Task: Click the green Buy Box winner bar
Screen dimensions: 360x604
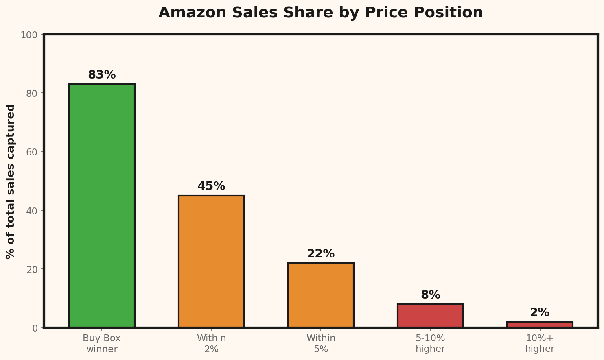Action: pyautogui.click(x=102, y=205)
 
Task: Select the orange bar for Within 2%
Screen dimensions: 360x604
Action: pyautogui.click(x=211, y=261)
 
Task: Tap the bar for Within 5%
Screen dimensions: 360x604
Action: pyautogui.click(x=321, y=295)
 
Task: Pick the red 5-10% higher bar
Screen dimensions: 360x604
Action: pyautogui.click(x=430, y=316)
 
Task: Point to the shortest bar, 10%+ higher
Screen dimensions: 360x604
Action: pyautogui.click(x=540, y=325)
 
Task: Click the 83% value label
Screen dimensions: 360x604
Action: pyautogui.click(x=102, y=75)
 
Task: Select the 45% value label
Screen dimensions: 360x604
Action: pyautogui.click(x=211, y=186)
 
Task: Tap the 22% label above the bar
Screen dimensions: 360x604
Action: pyautogui.click(x=321, y=254)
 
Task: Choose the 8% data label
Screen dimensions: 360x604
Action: pyautogui.click(x=430, y=295)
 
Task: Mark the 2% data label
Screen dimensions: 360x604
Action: pyautogui.click(x=540, y=312)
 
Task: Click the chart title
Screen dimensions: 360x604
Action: pyautogui.click(x=320, y=13)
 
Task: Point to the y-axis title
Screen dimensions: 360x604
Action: pyautogui.click(x=11, y=181)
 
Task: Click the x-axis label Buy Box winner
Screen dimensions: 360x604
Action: pyautogui.click(x=102, y=344)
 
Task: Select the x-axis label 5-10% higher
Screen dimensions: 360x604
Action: pyautogui.click(x=430, y=344)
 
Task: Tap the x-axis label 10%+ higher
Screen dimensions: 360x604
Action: pyautogui.click(x=540, y=344)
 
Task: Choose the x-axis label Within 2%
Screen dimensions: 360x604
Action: pyautogui.click(x=211, y=344)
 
